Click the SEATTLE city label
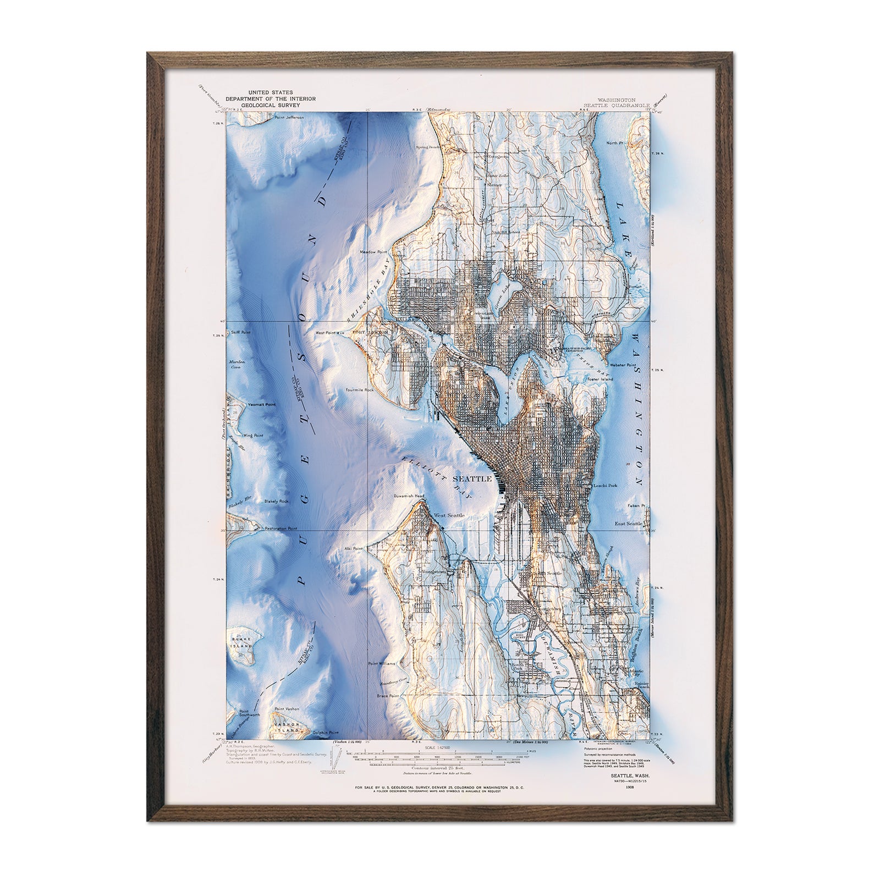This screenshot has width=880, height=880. click(471, 479)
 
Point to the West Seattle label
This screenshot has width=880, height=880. click(449, 515)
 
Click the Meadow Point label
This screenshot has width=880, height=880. click(375, 252)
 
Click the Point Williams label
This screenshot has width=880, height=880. click(382, 664)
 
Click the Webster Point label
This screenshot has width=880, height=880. click(623, 365)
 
